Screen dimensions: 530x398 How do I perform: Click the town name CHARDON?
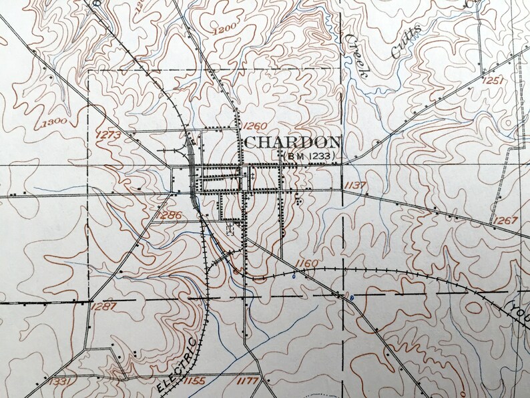point(293,142)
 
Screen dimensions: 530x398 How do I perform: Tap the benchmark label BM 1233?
point(307,156)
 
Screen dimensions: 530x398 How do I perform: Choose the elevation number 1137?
point(354,184)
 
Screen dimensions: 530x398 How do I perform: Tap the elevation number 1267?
point(505,221)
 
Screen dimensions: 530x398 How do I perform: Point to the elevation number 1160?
point(306,263)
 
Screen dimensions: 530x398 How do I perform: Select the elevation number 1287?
point(104,306)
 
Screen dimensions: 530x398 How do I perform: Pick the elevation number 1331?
point(60,381)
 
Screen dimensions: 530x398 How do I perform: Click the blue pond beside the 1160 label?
point(293,274)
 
